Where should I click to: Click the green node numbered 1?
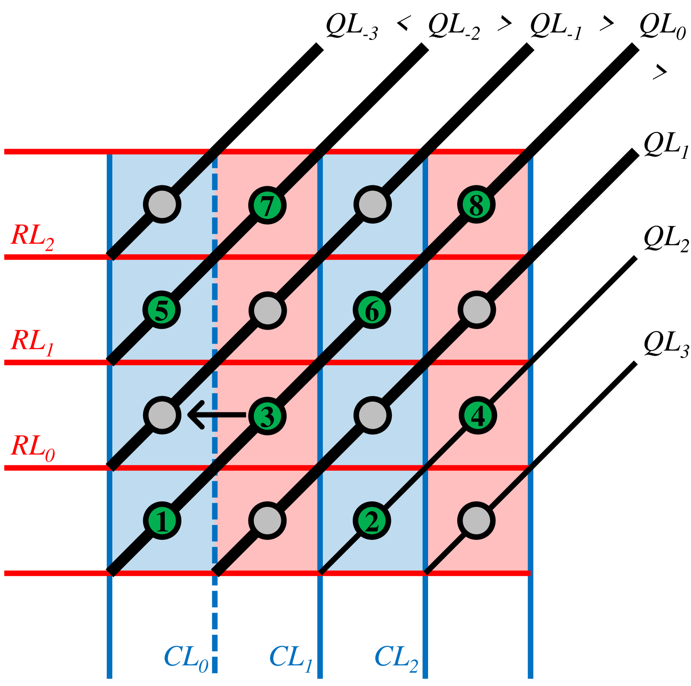click(x=162, y=520)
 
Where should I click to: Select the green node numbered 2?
click(x=372, y=521)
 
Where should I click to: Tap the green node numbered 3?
click(x=267, y=416)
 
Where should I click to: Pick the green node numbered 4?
click(x=477, y=415)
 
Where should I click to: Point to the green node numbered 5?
click(x=161, y=310)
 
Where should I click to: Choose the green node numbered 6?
click(x=372, y=310)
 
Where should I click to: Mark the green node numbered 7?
click(x=267, y=205)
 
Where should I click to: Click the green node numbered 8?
click(x=476, y=205)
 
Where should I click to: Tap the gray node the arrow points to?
click(x=162, y=415)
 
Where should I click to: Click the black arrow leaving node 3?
click(x=216, y=415)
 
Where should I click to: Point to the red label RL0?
click(x=32, y=448)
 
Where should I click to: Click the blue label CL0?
click(x=186, y=659)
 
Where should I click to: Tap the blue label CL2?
click(x=396, y=659)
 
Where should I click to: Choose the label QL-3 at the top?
click(x=352, y=27)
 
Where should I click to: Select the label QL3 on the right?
click(x=666, y=346)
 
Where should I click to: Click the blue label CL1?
click(x=291, y=659)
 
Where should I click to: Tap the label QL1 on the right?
click(x=666, y=146)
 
